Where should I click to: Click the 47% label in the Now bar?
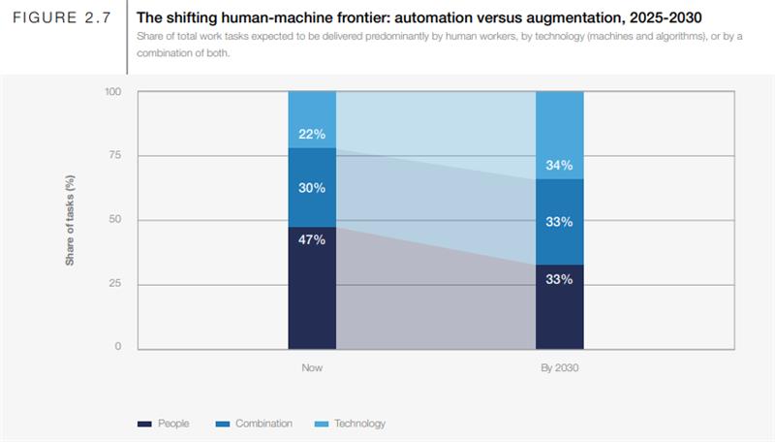(312, 240)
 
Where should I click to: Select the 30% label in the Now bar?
(312, 188)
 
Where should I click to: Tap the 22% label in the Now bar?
(312, 133)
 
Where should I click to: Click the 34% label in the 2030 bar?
(560, 165)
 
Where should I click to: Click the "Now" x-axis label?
(312, 368)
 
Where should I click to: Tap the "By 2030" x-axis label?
(560, 368)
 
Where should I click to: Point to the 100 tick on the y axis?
(113, 92)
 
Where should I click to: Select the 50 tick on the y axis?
(116, 220)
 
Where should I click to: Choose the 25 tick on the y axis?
(116, 284)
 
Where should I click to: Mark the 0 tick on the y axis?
(119, 346)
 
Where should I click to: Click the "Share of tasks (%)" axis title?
(71, 220)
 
